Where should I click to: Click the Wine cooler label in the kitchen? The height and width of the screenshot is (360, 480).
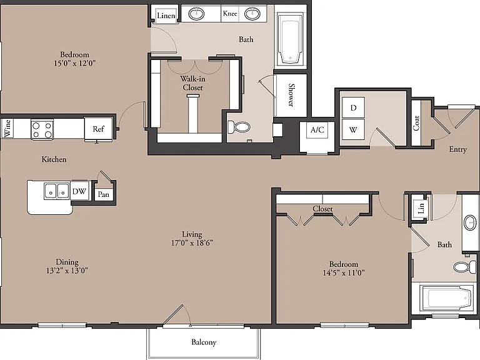[x=7, y=128]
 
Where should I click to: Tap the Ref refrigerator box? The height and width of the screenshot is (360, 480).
[x=98, y=129]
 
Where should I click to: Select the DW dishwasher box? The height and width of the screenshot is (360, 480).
[x=79, y=191]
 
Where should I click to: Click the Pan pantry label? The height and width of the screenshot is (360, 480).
[x=104, y=194]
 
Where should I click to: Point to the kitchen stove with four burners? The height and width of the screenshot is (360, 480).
[x=42, y=130]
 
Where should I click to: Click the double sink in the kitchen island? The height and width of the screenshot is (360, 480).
[x=57, y=191]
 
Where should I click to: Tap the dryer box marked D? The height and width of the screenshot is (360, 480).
[x=353, y=107]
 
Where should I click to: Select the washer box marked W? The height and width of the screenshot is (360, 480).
[x=353, y=130]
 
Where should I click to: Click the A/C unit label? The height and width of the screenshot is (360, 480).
[x=317, y=130]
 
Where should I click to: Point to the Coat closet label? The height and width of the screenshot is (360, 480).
[x=416, y=122]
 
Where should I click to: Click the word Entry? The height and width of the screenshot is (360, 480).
[x=457, y=149]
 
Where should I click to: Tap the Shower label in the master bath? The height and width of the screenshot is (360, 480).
[x=291, y=94]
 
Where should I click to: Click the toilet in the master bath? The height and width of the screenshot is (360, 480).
[x=239, y=127]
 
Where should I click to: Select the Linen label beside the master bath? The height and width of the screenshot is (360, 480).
[x=166, y=15]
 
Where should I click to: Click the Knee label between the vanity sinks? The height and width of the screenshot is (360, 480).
[x=230, y=13]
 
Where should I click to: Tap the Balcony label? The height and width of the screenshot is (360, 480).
[x=204, y=342]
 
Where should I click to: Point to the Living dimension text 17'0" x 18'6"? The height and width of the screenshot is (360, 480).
[x=192, y=242]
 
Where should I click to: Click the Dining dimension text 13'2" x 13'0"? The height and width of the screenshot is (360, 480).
[x=67, y=270]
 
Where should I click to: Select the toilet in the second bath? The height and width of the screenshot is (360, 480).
[x=465, y=266]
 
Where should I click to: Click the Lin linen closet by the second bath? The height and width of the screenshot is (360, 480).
[x=421, y=208]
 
